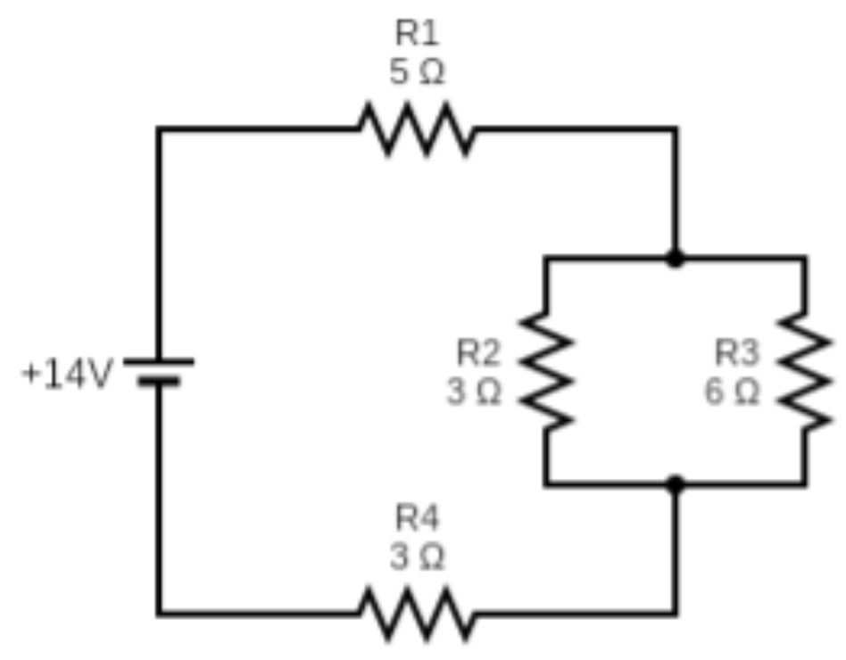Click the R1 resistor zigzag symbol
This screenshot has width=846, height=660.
(417, 129)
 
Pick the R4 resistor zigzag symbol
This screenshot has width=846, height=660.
(417, 614)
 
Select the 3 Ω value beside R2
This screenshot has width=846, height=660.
(474, 392)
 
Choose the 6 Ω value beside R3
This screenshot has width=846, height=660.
(733, 392)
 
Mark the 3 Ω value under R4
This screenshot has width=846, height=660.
(417, 558)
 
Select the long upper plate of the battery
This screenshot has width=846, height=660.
(159, 361)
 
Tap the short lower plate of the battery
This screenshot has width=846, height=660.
(159, 382)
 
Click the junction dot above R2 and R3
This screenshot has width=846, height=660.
(676, 260)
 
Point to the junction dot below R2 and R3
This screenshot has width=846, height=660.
(676, 484)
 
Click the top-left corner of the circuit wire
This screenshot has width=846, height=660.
(159, 129)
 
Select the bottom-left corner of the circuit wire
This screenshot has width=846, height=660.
(159, 614)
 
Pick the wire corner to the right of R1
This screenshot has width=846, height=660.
(676, 129)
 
